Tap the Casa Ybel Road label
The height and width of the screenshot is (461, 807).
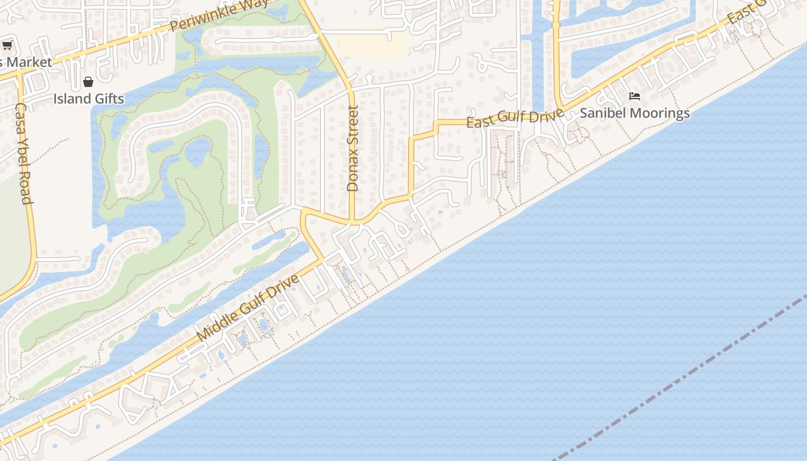coord(23,153)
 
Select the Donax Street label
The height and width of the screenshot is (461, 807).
coord(353,148)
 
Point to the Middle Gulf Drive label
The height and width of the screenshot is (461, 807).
coord(248,307)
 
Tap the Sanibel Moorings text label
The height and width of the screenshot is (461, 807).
coord(635,113)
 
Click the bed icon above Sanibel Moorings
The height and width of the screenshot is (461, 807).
coord(635,96)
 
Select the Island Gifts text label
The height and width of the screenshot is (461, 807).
coord(89,99)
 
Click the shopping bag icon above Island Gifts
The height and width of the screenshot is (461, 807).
coord(88,82)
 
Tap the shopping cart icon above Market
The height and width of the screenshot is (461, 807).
coord(7,46)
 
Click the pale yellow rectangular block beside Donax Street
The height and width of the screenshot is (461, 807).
coord(370,44)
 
